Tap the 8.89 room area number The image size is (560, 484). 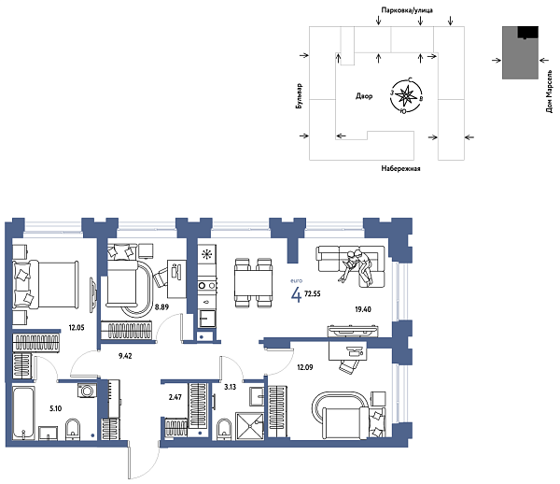point(161,306)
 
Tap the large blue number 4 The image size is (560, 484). point(297,296)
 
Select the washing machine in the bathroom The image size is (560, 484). point(86,392)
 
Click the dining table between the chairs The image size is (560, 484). point(251,281)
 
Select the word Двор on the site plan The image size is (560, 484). point(364,95)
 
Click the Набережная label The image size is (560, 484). point(401,168)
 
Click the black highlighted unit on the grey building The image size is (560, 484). point(528,33)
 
